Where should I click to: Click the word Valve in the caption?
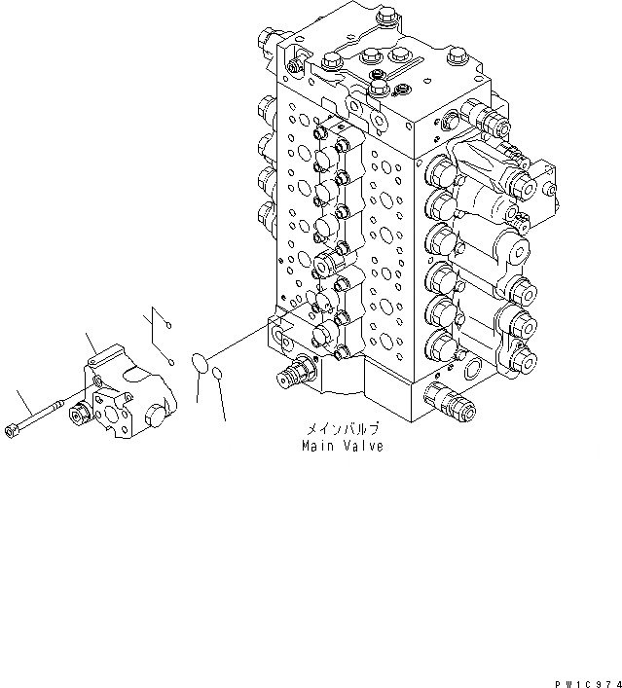tap(362, 447)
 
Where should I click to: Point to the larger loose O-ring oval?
tap(201, 363)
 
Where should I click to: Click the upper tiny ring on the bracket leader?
tap(166, 325)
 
